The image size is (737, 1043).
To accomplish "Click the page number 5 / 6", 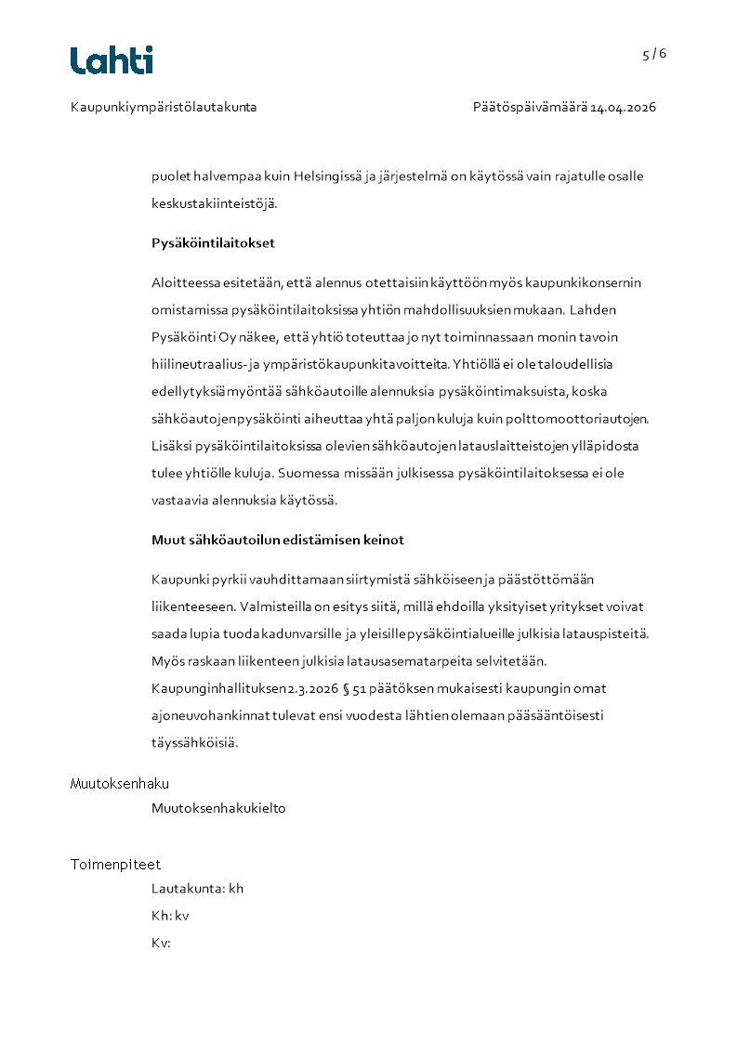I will point(653,54).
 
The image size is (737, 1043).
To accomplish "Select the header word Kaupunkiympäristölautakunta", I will point(164,107).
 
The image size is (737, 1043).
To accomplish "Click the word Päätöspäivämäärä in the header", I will point(529,107).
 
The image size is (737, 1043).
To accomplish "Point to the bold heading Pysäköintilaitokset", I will point(213,243).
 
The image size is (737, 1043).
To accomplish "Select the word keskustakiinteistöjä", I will point(214,203).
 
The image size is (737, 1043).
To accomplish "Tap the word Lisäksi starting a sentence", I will point(171,446).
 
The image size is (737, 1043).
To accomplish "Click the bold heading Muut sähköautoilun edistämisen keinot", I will point(278,540).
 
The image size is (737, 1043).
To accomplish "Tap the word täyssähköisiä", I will point(194,743).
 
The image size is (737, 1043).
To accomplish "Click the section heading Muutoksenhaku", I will point(120,784).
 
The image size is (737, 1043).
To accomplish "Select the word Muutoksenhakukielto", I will point(218,808).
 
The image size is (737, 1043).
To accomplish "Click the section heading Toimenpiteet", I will point(115,865).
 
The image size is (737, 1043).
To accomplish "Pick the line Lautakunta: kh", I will point(197,889).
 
